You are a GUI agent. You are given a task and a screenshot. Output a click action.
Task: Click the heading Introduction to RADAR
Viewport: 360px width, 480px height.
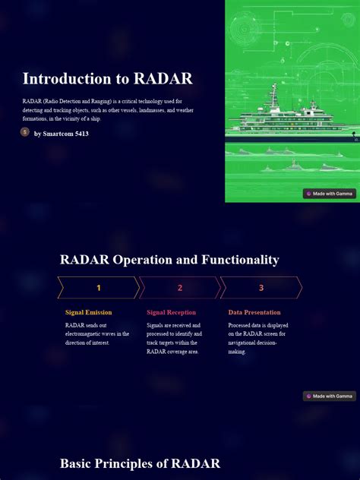click(107, 79)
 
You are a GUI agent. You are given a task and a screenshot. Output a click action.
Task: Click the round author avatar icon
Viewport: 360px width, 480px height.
click(25, 132)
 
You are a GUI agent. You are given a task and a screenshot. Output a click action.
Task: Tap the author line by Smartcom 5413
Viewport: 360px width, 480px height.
click(62, 134)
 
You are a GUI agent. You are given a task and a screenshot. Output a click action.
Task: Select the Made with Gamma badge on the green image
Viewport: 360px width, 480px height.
click(330, 194)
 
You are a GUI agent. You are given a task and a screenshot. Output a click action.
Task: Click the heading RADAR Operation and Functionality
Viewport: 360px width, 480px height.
click(169, 260)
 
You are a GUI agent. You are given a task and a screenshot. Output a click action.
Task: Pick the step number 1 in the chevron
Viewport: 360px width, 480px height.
click(98, 288)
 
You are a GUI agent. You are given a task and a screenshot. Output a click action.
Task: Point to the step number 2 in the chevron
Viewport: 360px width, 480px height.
click(180, 288)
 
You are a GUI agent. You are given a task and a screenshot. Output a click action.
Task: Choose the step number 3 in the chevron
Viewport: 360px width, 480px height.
click(261, 288)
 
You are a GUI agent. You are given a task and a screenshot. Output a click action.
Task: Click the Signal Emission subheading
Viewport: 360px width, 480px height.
click(88, 312)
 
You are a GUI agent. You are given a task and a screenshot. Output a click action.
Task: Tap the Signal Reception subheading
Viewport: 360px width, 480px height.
click(171, 312)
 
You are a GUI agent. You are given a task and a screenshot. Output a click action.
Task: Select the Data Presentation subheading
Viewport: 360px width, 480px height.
click(254, 312)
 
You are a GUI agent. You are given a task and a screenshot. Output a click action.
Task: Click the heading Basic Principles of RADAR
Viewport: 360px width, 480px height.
click(140, 463)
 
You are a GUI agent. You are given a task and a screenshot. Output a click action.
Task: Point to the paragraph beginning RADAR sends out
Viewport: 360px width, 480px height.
click(97, 333)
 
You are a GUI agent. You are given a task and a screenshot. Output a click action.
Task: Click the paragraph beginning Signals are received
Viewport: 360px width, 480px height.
click(175, 338)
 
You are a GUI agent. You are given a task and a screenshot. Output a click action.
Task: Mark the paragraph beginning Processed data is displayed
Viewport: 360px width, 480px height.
click(258, 338)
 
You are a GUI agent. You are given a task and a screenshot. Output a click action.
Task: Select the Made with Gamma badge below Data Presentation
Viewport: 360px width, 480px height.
click(330, 396)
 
